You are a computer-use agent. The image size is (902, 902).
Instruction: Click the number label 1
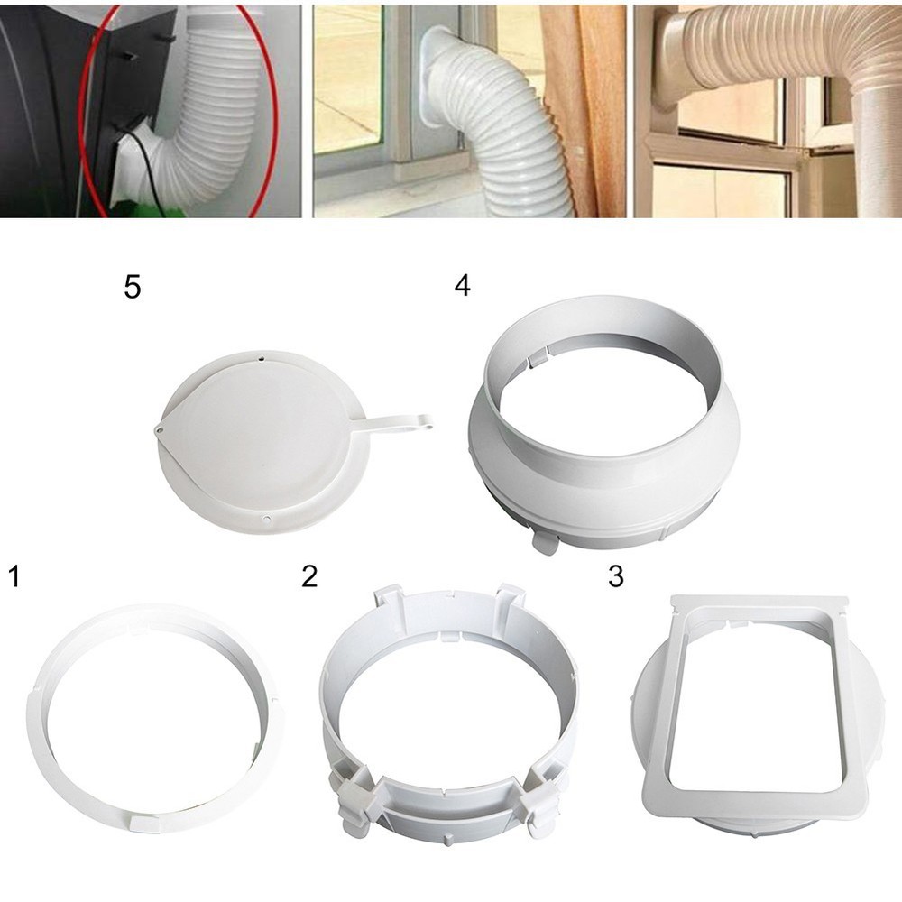14,575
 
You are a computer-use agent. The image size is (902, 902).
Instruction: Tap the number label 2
309,575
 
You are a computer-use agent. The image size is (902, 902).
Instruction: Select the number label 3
616,575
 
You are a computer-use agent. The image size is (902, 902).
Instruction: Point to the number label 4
462,286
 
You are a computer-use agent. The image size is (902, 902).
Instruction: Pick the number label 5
133,290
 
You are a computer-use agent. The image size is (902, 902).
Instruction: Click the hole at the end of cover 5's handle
425,420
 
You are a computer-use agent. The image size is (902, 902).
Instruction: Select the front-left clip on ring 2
354,796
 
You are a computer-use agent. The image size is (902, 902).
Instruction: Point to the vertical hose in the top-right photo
875,153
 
